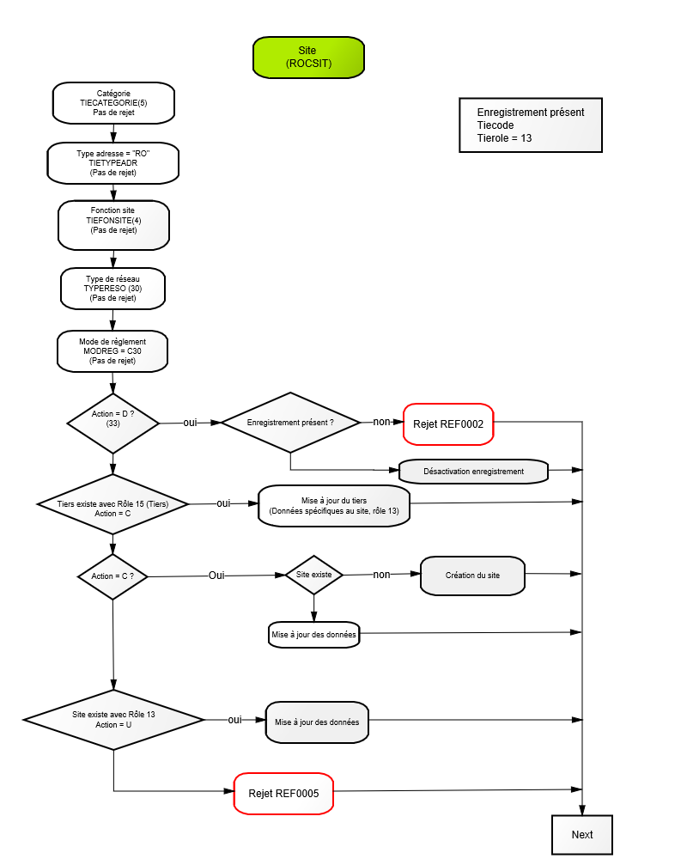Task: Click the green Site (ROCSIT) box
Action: (308, 58)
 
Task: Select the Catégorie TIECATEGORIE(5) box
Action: (113, 103)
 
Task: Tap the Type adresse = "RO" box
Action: (112, 163)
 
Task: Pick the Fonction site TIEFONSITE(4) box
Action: (113, 225)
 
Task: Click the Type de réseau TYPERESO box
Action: (112, 289)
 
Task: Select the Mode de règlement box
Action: (112, 351)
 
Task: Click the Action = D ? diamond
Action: (112, 423)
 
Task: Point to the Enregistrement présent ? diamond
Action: (290, 423)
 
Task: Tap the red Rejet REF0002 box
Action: (448, 424)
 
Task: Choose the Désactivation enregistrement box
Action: (473, 471)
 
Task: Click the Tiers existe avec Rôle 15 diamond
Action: (112, 504)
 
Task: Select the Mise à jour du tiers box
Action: (334, 506)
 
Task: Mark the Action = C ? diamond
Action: (112, 576)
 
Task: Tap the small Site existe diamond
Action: (314, 575)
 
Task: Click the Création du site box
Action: (472, 576)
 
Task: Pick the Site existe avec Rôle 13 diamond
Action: (113, 720)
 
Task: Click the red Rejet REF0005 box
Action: (283, 793)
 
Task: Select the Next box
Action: (582, 834)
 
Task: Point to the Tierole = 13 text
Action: (504, 138)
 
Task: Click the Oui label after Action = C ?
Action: (216, 576)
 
